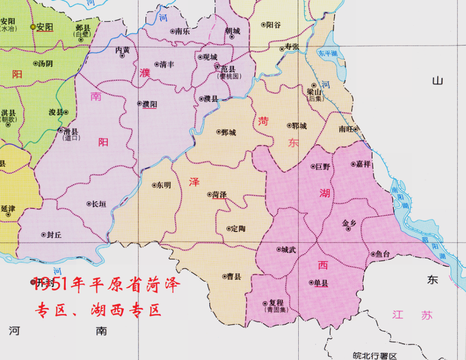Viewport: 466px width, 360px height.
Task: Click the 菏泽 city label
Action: pyautogui.click(x=219, y=195)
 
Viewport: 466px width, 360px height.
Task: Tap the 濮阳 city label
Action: pyautogui.click(x=150, y=104)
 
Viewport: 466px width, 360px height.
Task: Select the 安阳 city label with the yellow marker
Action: pyautogui.click(x=45, y=27)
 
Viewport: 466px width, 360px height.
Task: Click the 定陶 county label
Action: pyautogui.click(x=238, y=229)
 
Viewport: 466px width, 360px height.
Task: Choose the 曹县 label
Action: pyautogui.click(x=234, y=277)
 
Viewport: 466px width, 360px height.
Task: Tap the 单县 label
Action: pyautogui.click(x=321, y=282)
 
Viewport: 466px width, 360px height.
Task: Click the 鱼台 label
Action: pyautogui.click(x=382, y=254)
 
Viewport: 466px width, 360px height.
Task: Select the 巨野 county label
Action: pyautogui.click(x=322, y=166)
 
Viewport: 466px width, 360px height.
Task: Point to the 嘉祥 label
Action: pyautogui.click(x=363, y=164)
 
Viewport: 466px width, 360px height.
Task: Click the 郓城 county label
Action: pyautogui.click(x=299, y=126)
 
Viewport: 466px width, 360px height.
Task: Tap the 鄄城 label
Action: pyautogui.click(x=229, y=132)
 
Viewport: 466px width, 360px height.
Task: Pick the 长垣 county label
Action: pyautogui.click(x=99, y=204)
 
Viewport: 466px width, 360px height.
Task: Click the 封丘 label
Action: pyautogui.click(x=54, y=235)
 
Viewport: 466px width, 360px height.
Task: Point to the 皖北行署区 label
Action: pyautogui.click(x=374, y=356)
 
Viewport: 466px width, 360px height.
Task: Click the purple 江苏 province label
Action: pyautogui.click(x=412, y=315)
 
